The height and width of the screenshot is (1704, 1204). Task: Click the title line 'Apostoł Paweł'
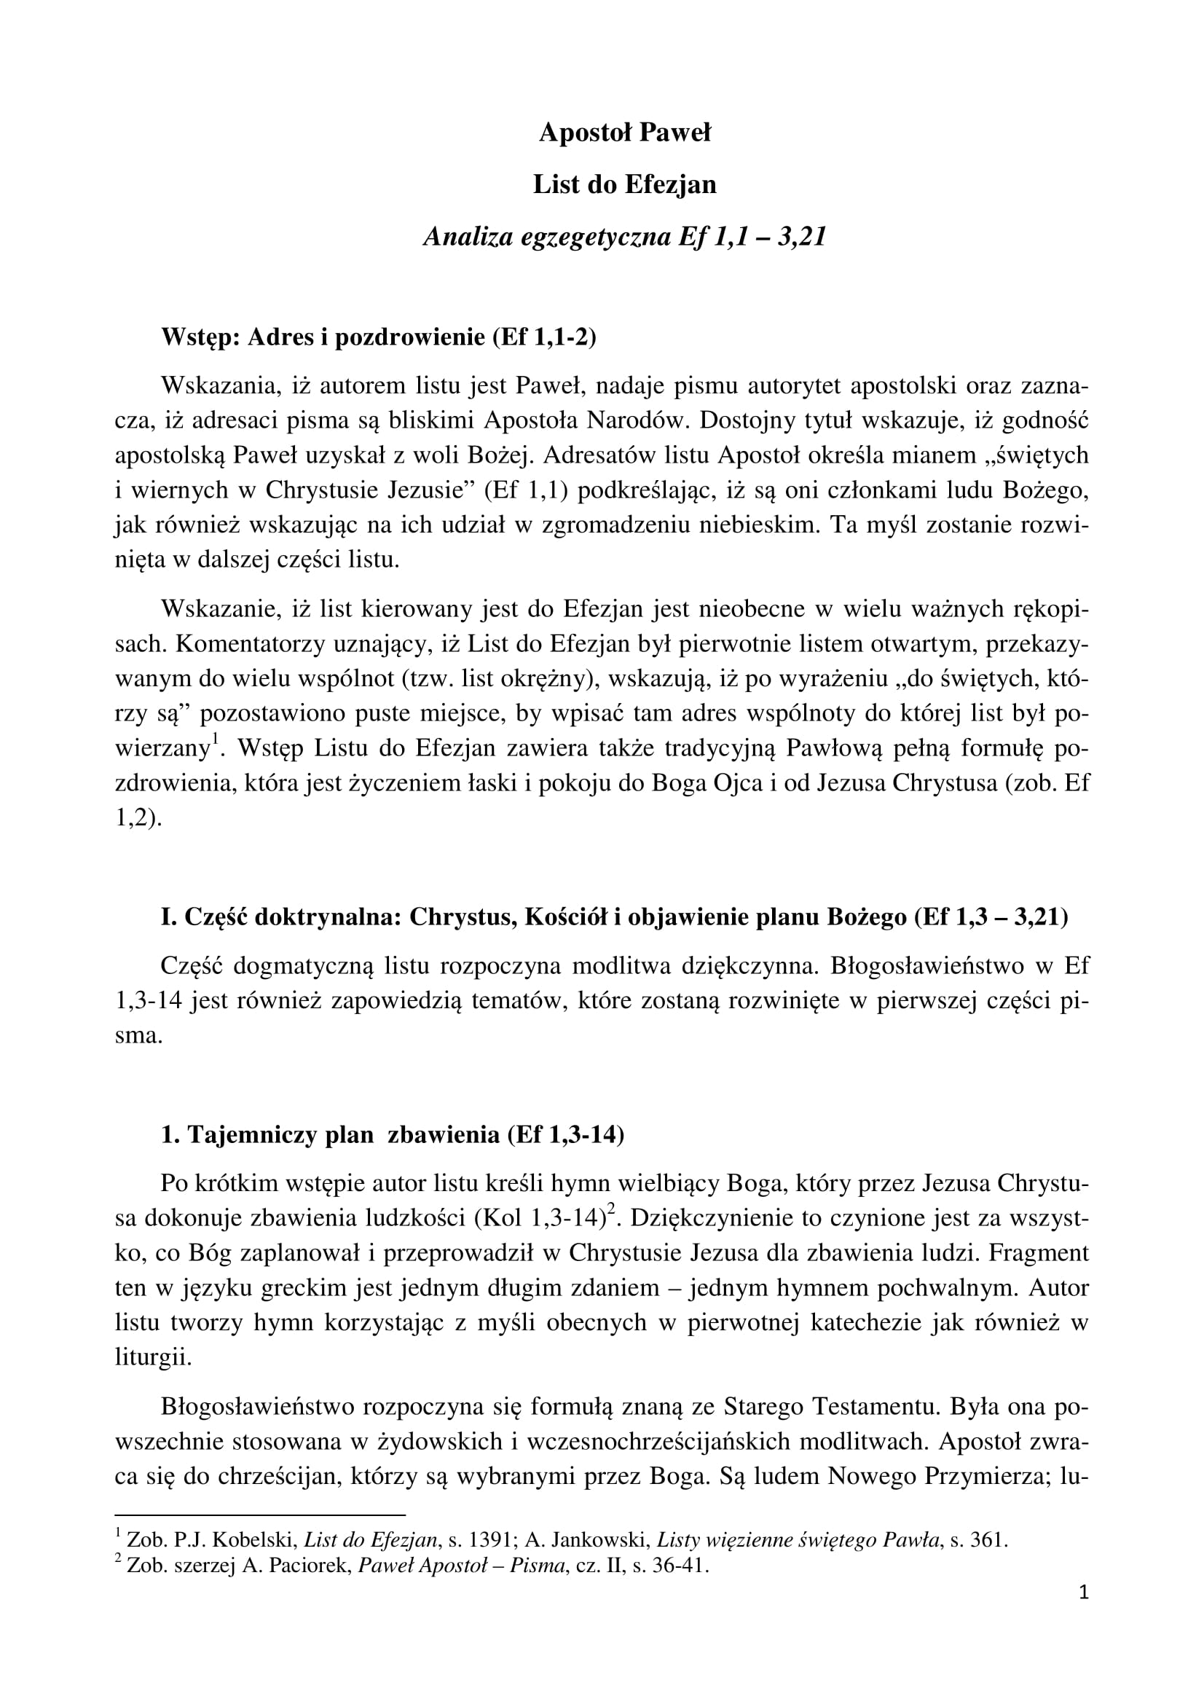click(625, 133)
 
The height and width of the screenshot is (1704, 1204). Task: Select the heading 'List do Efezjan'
click(625, 185)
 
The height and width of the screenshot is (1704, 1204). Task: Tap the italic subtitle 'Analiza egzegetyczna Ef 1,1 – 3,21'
click(625, 237)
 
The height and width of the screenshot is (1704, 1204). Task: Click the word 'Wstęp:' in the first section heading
click(200, 338)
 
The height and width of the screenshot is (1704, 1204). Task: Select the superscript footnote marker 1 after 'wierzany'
click(215, 739)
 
